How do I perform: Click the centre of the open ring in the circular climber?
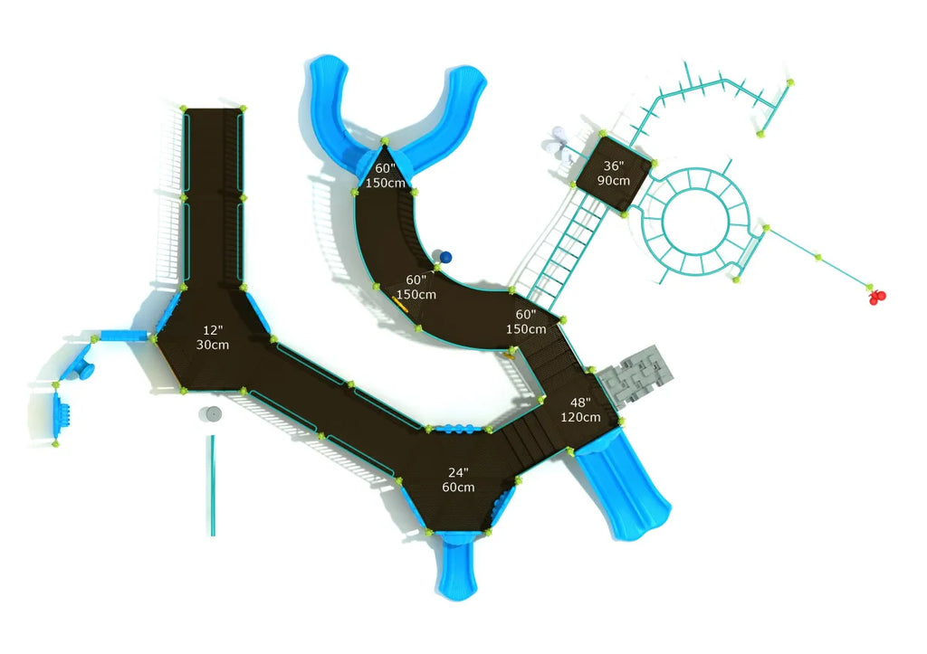(695, 221)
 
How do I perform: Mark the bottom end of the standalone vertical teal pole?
(213, 536)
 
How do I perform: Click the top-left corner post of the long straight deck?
(183, 109)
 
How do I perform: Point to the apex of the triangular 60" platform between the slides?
(384, 141)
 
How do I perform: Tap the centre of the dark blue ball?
(445, 257)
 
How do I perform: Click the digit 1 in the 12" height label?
(205, 331)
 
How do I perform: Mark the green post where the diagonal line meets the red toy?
(869, 287)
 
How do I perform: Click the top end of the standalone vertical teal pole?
(212, 437)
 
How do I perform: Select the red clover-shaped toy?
(877, 297)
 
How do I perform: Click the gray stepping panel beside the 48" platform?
(635, 375)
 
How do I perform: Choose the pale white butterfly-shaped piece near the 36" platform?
(558, 145)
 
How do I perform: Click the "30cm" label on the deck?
(212, 345)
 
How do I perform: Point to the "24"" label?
(458, 472)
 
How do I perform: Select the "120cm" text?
(580, 417)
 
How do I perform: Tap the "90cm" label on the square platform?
(613, 181)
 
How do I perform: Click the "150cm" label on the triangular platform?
(385, 183)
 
